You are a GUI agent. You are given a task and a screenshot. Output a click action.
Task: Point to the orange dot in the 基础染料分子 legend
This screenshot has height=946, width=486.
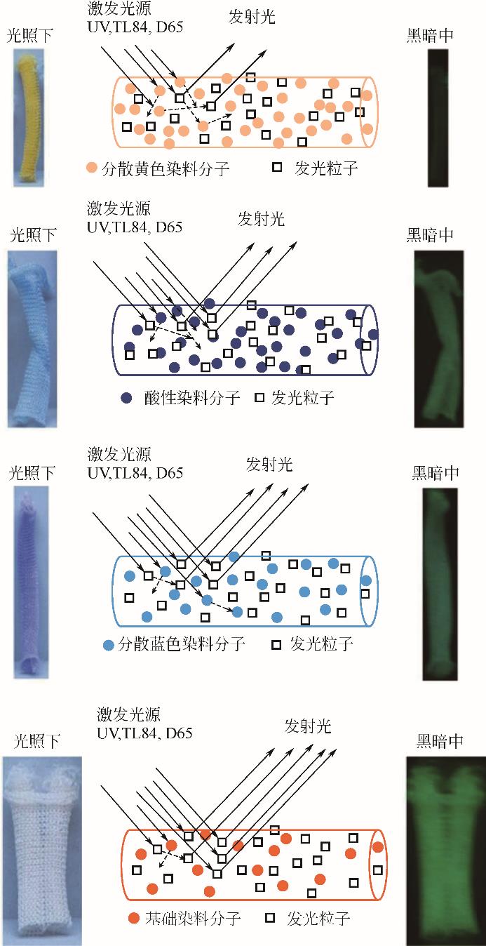pos(135,918)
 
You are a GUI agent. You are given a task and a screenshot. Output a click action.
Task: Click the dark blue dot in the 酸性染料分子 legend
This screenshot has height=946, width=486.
pos(126,398)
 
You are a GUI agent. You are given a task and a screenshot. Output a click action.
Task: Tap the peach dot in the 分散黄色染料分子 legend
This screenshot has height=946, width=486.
pos(92,168)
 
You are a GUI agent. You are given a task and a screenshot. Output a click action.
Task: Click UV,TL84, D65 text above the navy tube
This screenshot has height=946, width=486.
pos(135,227)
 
